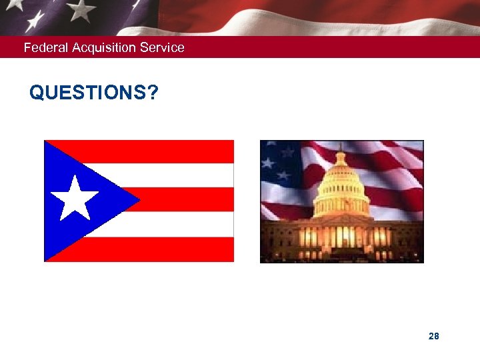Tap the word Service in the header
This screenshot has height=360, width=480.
point(162,48)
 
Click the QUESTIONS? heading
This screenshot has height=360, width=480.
point(94,93)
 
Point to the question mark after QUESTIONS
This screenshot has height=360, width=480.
point(154,93)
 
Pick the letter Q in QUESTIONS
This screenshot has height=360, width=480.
point(37,93)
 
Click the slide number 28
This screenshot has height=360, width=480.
point(434,337)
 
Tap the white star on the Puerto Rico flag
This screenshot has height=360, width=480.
point(75,199)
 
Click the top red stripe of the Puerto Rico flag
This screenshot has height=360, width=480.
point(173,151)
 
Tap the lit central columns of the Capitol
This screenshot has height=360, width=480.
point(341,237)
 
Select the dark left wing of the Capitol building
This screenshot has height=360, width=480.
point(280,240)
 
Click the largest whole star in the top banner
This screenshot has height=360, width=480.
point(82,9)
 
